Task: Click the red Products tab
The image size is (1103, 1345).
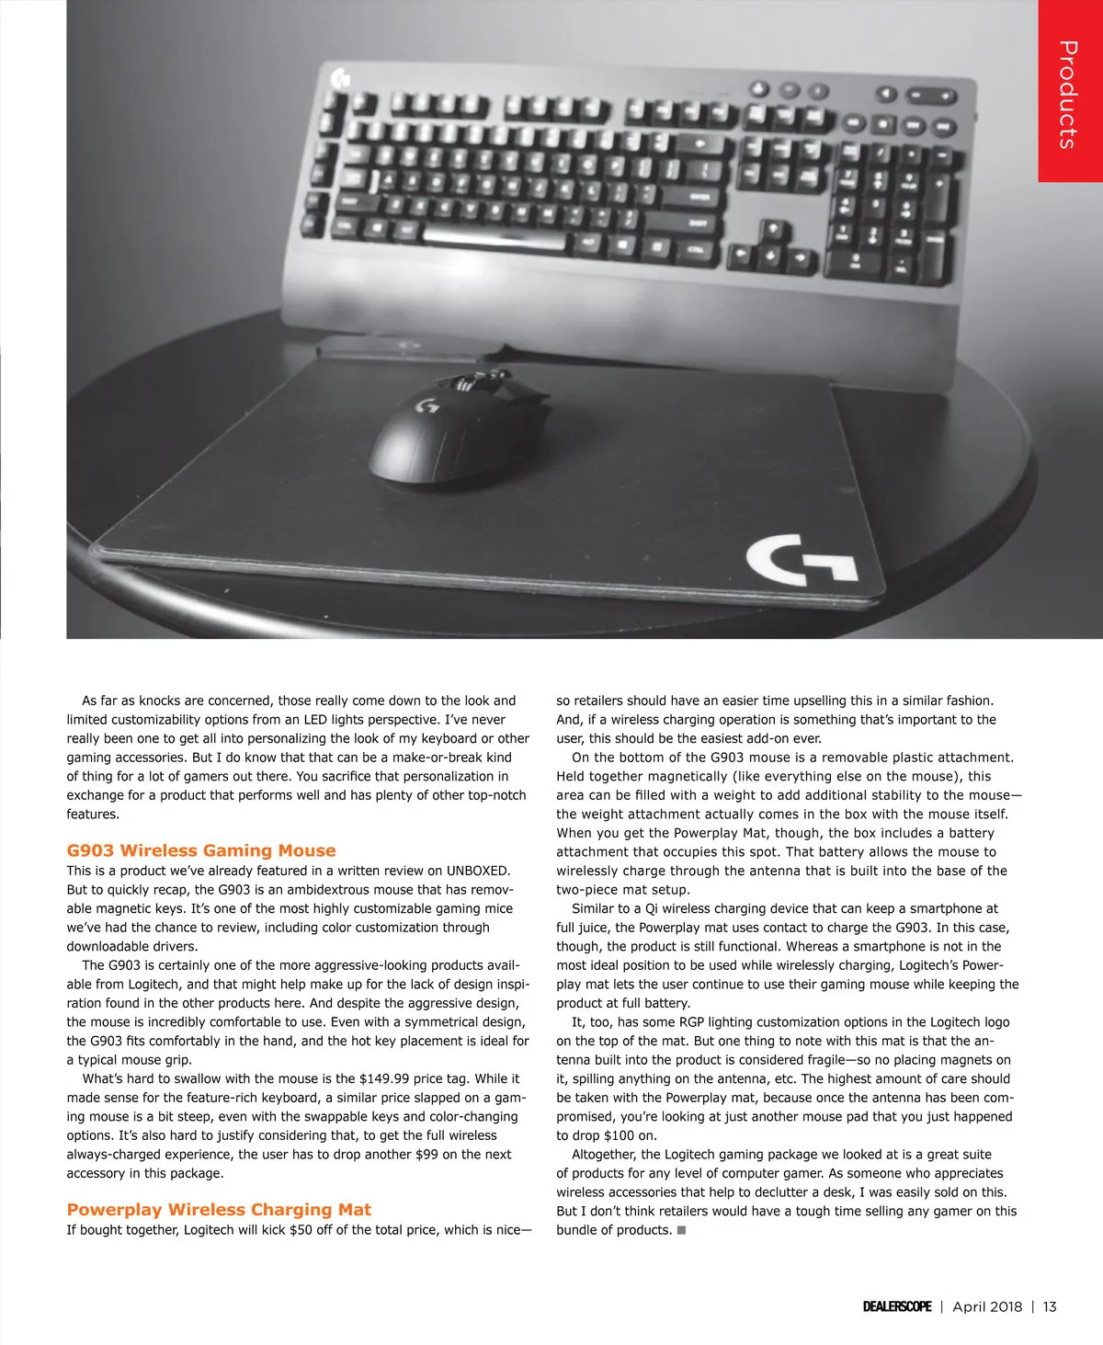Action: (x=1069, y=92)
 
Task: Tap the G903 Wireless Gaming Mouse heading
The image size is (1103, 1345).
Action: (x=201, y=850)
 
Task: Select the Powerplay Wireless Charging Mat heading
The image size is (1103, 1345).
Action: (x=219, y=1210)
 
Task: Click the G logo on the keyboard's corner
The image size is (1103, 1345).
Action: (x=340, y=80)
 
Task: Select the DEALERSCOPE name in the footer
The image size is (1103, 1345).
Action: (x=897, y=1306)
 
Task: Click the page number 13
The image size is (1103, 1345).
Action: (x=1050, y=1306)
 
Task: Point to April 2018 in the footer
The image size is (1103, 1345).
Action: (x=987, y=1306)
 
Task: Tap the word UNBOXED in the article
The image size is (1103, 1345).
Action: (x=478, y=871)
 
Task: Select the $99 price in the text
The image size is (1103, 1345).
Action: (x=426, y=1154)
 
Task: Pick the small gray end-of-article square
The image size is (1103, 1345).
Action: (x=681, y=1230)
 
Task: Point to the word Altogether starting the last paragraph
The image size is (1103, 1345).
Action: (x=603, y=1154)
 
